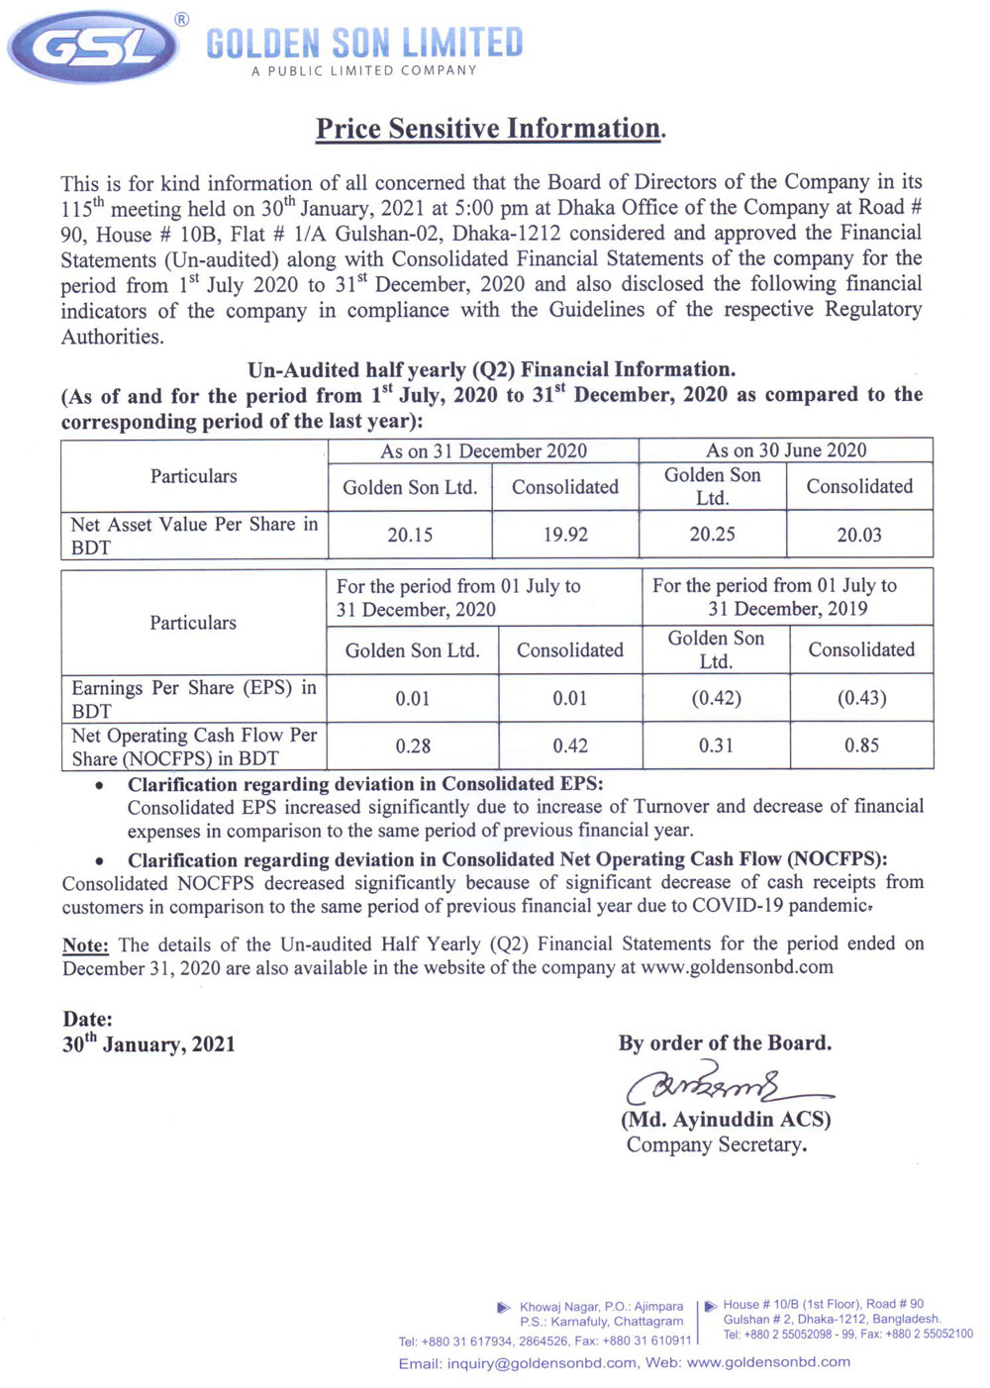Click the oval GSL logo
point(94,47)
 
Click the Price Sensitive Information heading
point(490,129)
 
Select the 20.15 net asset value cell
point(410,535)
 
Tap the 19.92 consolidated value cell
point(565,535)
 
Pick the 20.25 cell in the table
point(713,535)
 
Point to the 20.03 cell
point(859,535)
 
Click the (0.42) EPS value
point(716,698)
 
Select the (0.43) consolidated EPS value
point(861,698)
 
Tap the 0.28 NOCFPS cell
point(413,745)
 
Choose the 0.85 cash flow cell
point(861,745)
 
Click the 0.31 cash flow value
point(716,745)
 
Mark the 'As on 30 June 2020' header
point(786,450)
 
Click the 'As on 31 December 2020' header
point(483,451)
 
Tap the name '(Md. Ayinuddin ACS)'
point(726,1120)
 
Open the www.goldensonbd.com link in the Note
point(737,967)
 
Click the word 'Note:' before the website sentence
point(86,944)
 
